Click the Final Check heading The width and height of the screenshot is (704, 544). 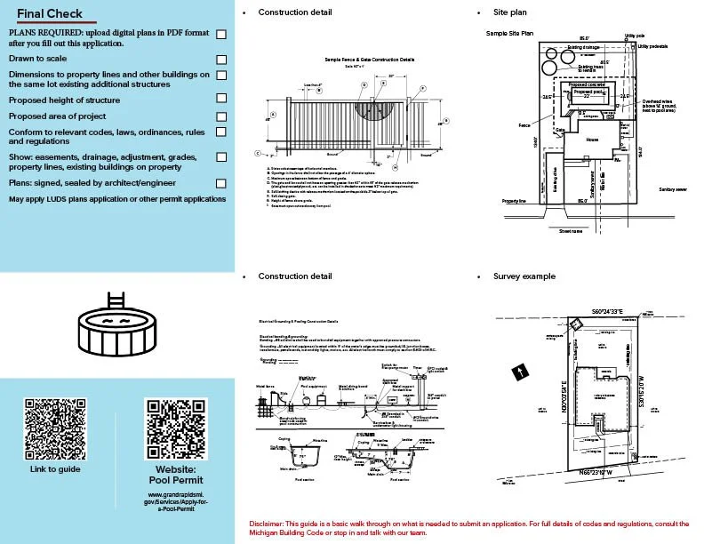click(x=49, y=13)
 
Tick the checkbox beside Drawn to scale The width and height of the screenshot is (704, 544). click(x=221, y=58)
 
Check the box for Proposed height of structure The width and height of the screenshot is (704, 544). click(x=221, y=98)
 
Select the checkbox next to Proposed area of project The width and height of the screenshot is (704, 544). click(x=221, y=116)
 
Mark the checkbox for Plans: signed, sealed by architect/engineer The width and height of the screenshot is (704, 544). click(x=221, y=183)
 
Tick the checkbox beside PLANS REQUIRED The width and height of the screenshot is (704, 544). click(x=221, y=34)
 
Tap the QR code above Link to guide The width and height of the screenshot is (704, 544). click(x=54, y=428)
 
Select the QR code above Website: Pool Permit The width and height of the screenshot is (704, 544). click(x=175, y=428)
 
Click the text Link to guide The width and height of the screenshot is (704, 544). click(x=54, y=468)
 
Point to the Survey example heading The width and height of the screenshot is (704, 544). click(x=524, y=276)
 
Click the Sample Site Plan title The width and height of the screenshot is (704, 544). click(x=509, y=33)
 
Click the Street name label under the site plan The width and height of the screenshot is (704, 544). click(x=570, y=231)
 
